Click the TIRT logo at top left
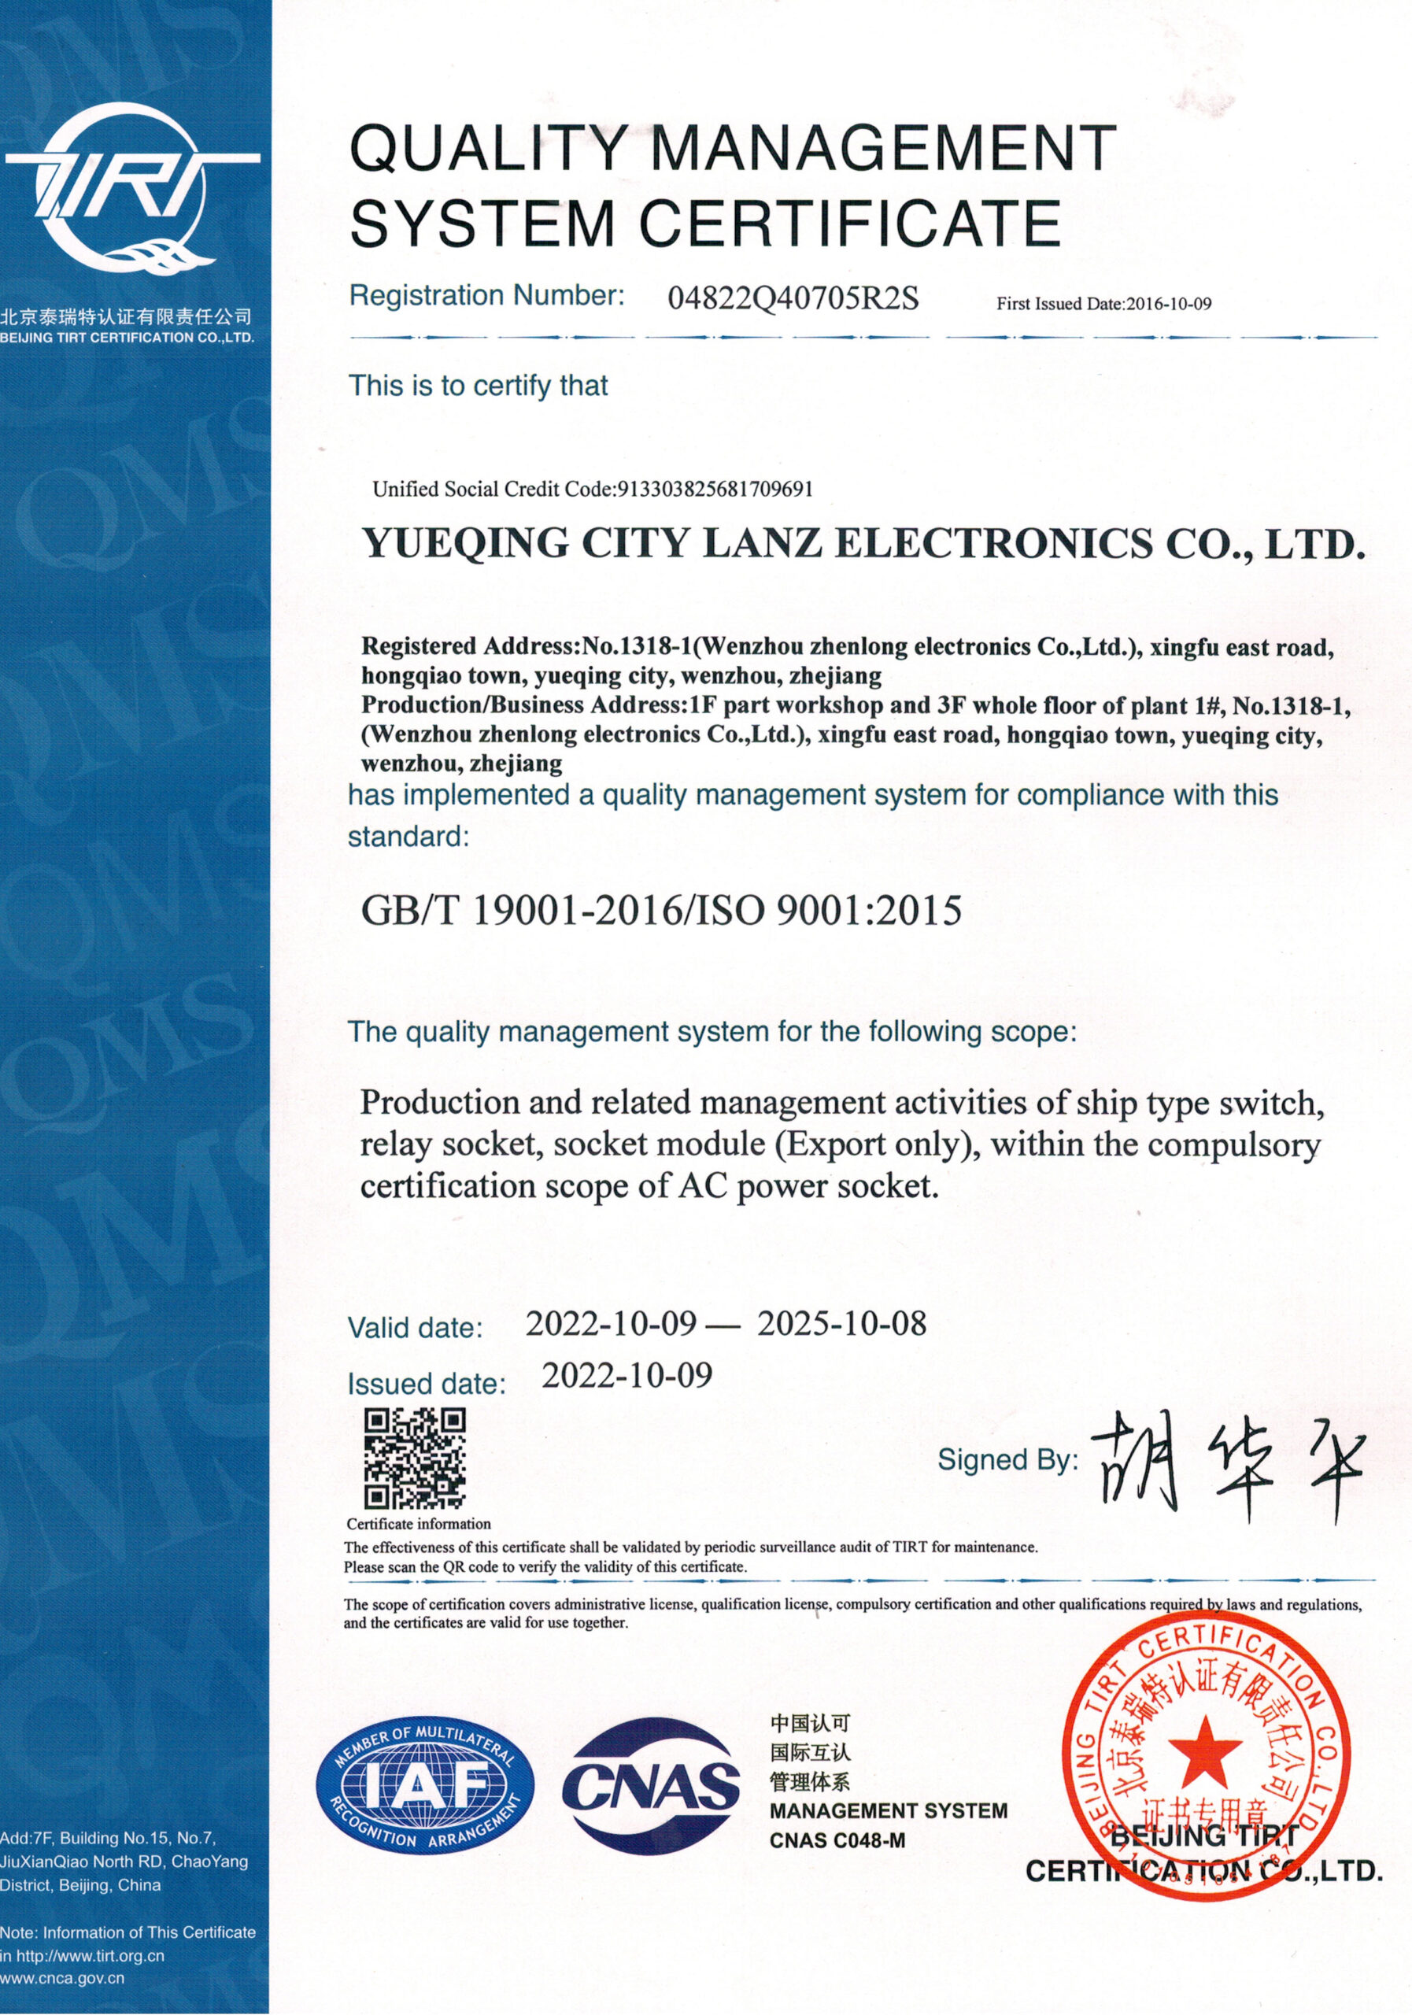[x=131, y=189]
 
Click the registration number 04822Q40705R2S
[x=793, y=299]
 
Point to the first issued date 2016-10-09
[x=1168, y=305]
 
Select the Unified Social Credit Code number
[x=715, y=489]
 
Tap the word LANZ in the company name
[x=763, y=543]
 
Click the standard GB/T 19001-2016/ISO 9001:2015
[x=661, y=911]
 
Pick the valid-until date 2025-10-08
[x=841, y=1323]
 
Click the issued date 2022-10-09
[x=627, y=1375]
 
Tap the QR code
[x=414, y=1458]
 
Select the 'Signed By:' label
[x=1007, y=1459]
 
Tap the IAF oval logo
[x=426, y=1785]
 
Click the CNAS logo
[x=650, y=1784]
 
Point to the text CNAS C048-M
[x=837, y=1840]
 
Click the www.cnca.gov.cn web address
[x=62, y=1978]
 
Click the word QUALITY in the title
[x=487, y=150]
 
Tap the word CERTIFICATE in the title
[x=850, y=223]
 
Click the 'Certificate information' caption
[x=419, y=1525]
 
